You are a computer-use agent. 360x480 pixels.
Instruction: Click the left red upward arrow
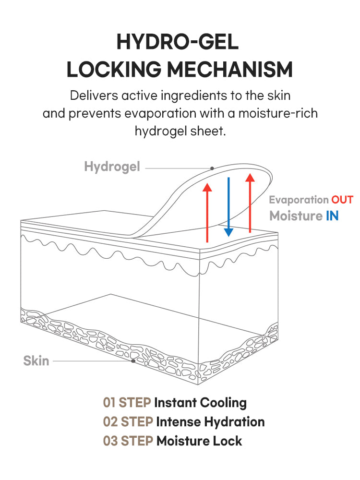pyautogui.click(x=207, y=211)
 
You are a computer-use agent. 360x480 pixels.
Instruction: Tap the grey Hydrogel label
pyautogui.click(x=112, y=167)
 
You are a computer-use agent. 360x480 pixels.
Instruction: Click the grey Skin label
pyautogui.click(x=36, y=360)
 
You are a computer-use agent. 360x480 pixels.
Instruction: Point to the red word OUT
pyautogui.click(x=342, y=200)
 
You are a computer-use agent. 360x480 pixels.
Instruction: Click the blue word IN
pyautogui.click(x=332, y=216)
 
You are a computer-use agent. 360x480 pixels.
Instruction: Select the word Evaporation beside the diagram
pyautogui.click(x=299, y=200)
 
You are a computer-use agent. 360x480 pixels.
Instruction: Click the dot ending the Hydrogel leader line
pyautogui.click(x=212, y=168)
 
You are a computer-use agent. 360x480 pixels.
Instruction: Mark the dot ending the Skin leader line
pyautogui.click(x=133, y=361)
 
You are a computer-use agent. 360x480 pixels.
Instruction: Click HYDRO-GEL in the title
pyautogui.click(x=178, y=43)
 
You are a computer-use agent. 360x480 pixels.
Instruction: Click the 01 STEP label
pyautogui.click(x=127, y=403)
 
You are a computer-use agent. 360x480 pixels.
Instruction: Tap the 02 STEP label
pyautogui.click(x=128, y=422)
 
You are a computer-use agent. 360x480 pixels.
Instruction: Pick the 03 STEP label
pyautogui.click(x=128, y=441)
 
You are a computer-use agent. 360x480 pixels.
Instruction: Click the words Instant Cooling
pyautogui.click(x=200, y=403)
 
